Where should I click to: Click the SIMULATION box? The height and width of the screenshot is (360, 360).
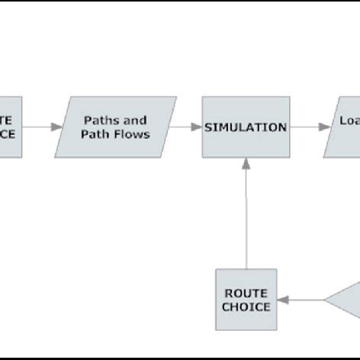coord(246,127)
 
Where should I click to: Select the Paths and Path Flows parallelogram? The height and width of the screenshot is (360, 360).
coord(121,127)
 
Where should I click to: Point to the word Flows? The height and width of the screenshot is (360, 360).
coord(135,135)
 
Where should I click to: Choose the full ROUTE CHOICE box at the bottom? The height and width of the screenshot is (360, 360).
coord(246,299)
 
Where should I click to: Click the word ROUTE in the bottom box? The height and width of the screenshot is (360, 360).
coord(246,292)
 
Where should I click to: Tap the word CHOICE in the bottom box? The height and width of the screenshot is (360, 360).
coord(246,307)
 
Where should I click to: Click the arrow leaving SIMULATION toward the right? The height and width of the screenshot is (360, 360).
coord(307,127)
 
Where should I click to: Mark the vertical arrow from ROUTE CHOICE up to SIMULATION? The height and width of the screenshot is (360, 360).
coord(246,214)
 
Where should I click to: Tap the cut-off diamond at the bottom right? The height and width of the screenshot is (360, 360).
coord(345,299)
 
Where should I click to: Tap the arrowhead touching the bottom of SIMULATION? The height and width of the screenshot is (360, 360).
coord(246,163)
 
